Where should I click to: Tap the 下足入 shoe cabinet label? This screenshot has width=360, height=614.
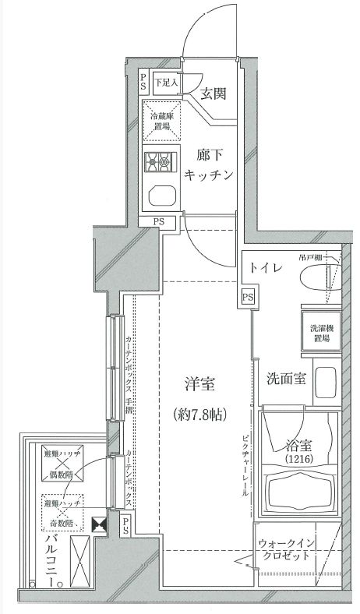tap(164, 81)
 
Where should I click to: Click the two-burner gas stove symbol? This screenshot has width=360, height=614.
tap(160, 163)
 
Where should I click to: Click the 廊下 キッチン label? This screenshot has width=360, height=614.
tap(208, 164)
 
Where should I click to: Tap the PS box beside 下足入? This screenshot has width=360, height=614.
tap(144, 81)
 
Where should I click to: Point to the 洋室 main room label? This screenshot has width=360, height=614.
tap(199, 383)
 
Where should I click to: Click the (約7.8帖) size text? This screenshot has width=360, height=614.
tap(199, 414)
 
